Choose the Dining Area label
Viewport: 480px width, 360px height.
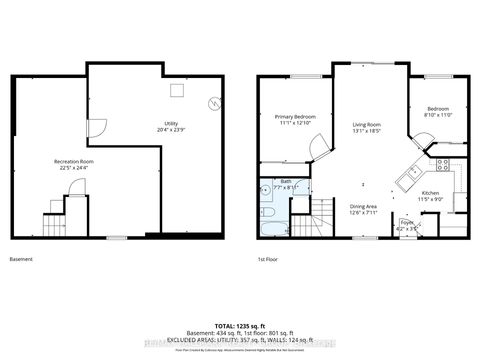pyautogui.click(x=361, y=207)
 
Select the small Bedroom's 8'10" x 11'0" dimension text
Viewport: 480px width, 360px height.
pyautogui.click(x=439, y=114)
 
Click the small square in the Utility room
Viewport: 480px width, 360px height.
pyautogui.click(x=176, y=91)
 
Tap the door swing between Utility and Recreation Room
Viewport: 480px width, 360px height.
pyautogui.click(x=95, y=129)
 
